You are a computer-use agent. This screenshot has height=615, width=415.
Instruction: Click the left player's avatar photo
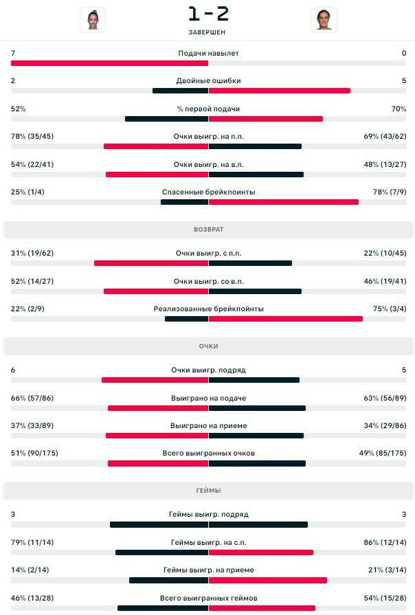coord(93,20)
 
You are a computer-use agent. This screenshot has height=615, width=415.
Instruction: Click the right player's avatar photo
coord(324,20)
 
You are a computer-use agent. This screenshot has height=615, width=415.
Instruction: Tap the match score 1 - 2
coord(208,14)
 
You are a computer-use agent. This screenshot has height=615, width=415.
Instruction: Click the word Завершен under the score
coord(208,32)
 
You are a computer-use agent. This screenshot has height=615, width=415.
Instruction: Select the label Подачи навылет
coord(208,53)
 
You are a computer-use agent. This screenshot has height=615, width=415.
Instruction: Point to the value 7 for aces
coord(13,53)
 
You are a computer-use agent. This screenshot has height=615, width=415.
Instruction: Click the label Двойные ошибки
coord(208,80)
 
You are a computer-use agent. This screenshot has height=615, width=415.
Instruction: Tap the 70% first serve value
coord(399,109)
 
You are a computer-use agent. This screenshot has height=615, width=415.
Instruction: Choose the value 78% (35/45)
coord(32,136)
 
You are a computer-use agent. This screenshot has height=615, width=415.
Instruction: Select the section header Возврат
coord(208,229)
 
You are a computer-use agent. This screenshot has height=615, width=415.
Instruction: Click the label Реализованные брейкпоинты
coord(208,309)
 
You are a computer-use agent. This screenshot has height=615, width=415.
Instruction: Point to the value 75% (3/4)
coord(390,309)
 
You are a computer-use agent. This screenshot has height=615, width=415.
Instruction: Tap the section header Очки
coord(208,346)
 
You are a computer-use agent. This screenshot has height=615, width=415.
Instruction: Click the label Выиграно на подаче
coord(208,398)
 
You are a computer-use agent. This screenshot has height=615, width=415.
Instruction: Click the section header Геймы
coord(208,490)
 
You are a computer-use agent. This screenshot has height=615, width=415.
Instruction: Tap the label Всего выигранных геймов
coord(208,598)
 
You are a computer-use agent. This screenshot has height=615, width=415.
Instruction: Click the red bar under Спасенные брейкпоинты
coord(283,202)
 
